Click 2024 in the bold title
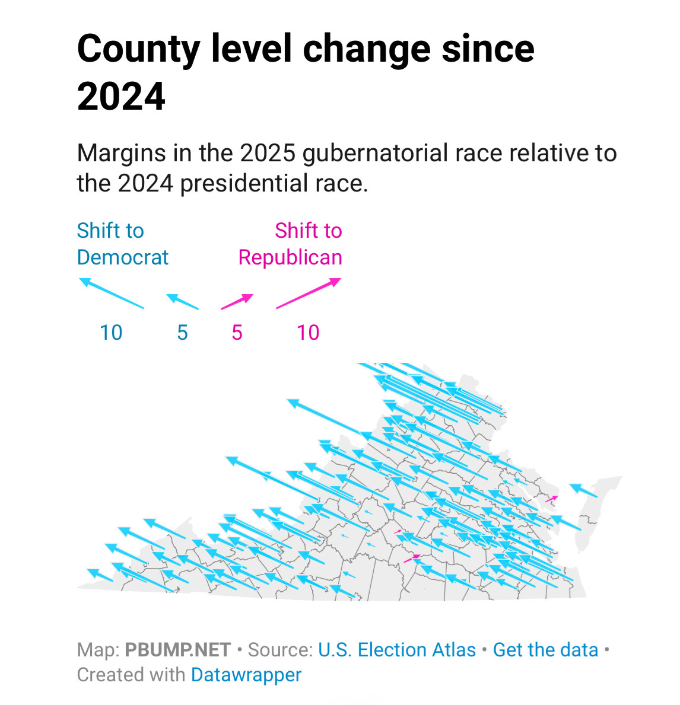(x=121, y=97)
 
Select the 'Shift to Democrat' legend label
(x=122, y=244)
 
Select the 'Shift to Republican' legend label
(x=290, y=244)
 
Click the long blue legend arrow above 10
(x=112, y=293)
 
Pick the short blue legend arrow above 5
(x=182, y=301)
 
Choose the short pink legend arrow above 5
(x=237, y=301)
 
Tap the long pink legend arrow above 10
(x=309, y=293)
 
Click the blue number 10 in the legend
(x=111, y=333)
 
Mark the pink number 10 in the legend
(x=308, y=333)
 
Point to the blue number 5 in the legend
(x=182, y=333)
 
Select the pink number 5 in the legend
(x=237, y=333)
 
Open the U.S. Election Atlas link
(x=397, y=650)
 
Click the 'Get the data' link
(x=545, y=650)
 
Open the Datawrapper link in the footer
(x=246, y=675)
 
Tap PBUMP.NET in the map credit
(x=177, y=650)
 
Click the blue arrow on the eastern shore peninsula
(x=583, y=490)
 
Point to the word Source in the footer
(x=280, y=650)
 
